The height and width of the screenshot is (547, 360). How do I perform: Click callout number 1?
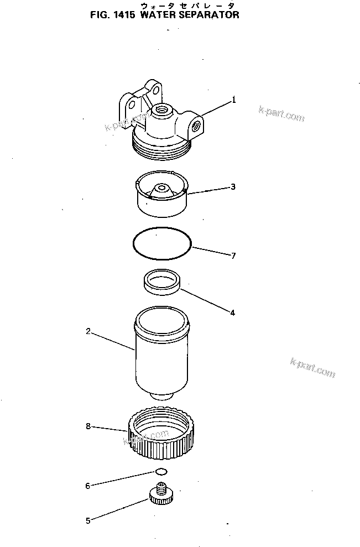tap(234, 100)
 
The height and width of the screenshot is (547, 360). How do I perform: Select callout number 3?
tap(233, 187)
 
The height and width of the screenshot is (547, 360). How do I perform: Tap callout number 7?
tap(233, 256)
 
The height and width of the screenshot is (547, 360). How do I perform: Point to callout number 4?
tap(232, 312)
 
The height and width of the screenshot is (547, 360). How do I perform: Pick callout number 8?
tap(88, 426)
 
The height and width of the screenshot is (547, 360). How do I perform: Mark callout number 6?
tap(87, 486)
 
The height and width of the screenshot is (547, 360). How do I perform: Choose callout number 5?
tap(87, 519)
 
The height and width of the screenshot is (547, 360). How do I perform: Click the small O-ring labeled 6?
tap(161, 472)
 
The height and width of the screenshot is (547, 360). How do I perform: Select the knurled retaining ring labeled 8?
tap(161, 434)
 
